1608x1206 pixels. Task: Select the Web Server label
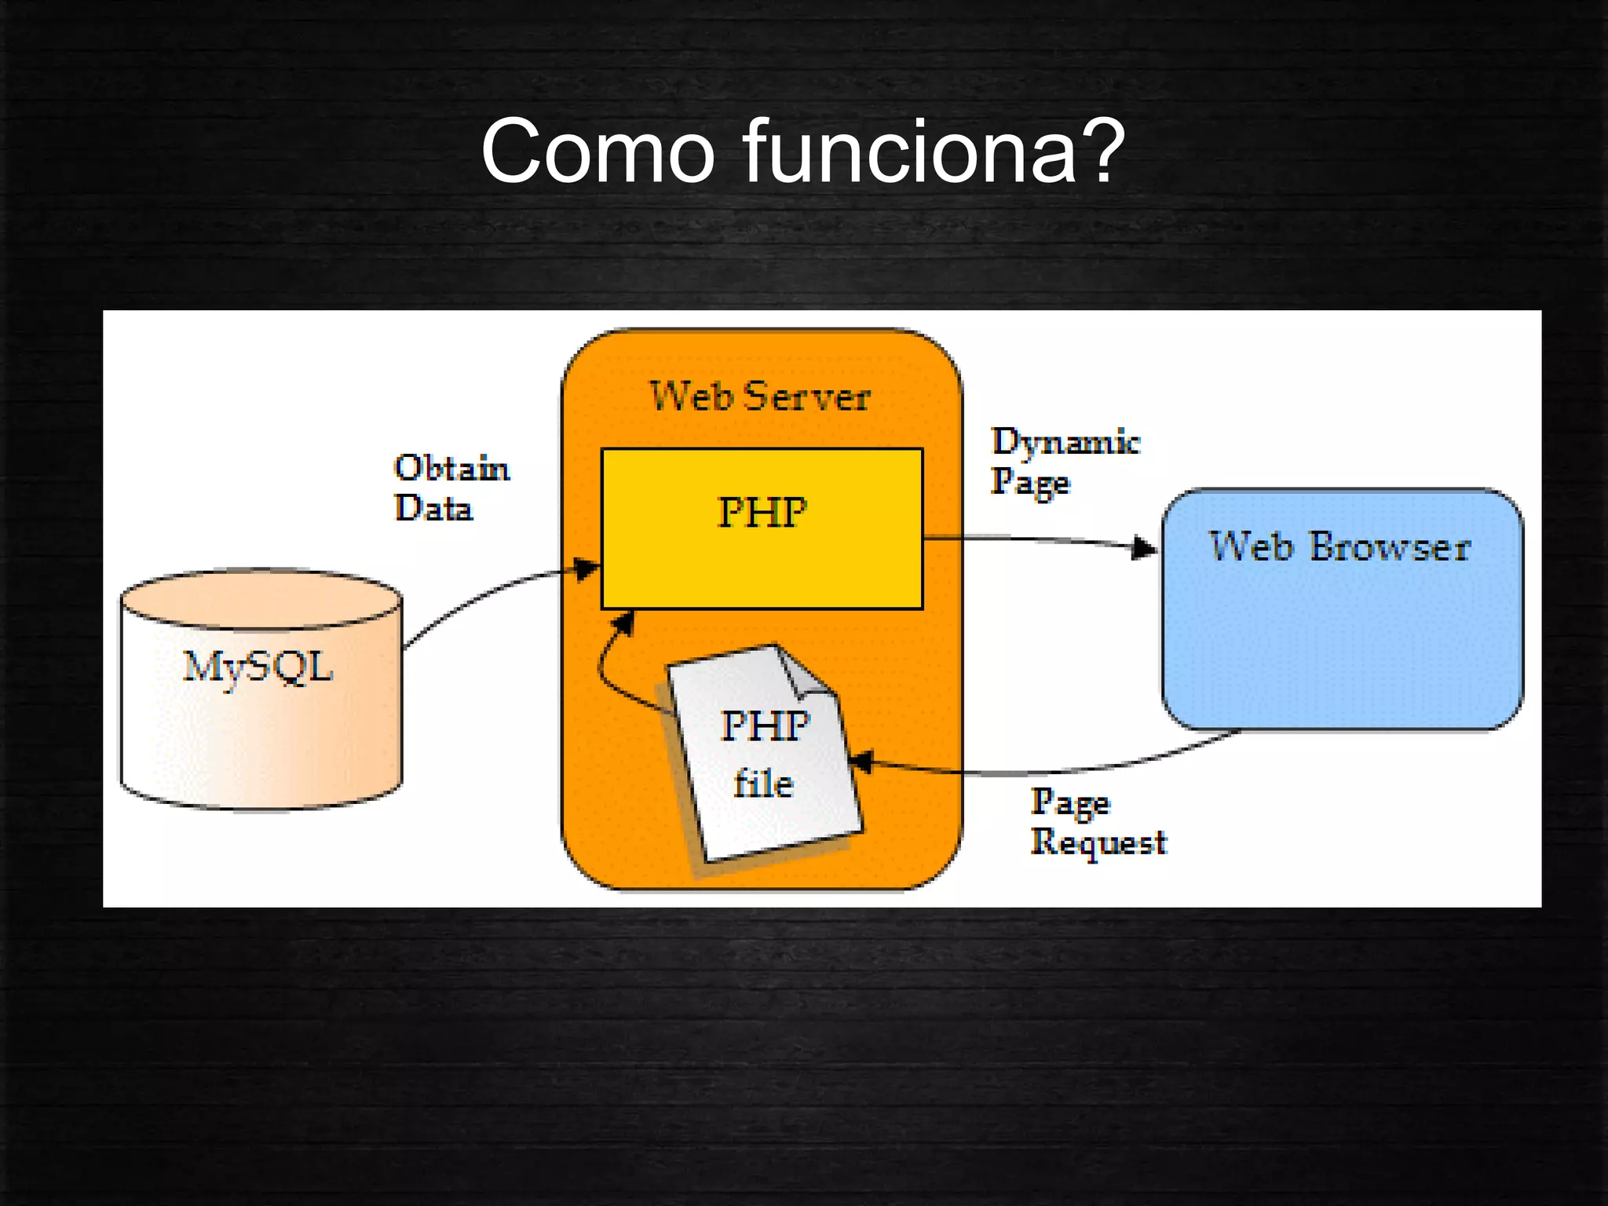(x=760, y=396)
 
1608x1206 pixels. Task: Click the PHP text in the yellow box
(x=762, y=513)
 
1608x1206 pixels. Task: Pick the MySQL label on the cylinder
(x=258, y=667)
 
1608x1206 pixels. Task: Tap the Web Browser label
(x=1339, y=546)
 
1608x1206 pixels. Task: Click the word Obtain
(x=451, y=469)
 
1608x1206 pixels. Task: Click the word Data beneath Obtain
(x=433, y=509)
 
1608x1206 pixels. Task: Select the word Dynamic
(x=1065, y=441)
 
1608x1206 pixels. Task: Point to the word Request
(x=1098, y=842)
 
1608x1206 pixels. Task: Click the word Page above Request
(x=1070, y=802)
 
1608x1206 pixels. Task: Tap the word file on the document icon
(x=763, y=784)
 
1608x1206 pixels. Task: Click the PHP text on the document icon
(x=764, y=725)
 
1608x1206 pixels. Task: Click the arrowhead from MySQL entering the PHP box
(x=587, y=568)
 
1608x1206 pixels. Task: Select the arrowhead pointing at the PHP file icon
(x=860, y=761)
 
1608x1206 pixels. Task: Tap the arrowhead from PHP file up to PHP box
(x=624, y=624)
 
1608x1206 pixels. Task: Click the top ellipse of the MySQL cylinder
(x=261, y=599)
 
